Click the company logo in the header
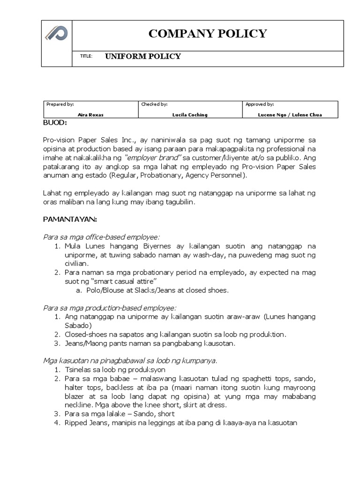click(56, 33)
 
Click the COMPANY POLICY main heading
click(208, 34)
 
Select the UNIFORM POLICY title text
click(142, 57)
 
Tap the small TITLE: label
click(87, 57)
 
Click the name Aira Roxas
click(90, 114)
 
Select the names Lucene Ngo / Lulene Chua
click(290, 114)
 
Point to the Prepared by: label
click(60, 105)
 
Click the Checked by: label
click(154, 105)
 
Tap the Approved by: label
click(260, 105)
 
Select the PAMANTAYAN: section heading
click(70, 219)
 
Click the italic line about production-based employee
click(110, 307)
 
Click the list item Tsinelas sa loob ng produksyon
click(113, 369)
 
